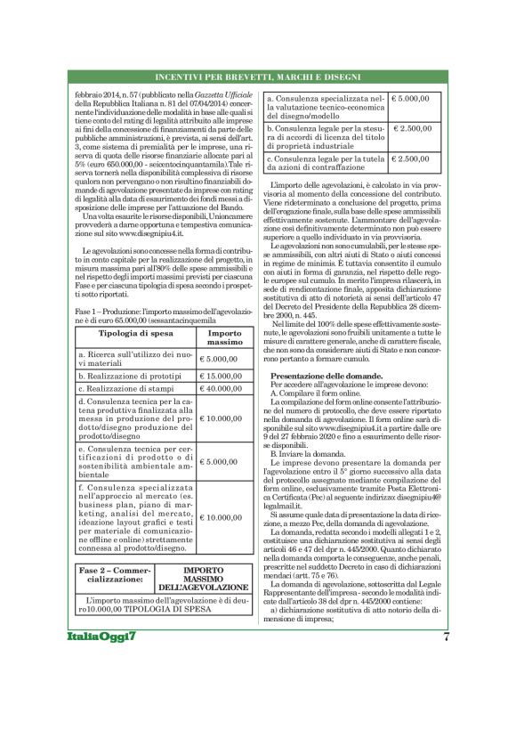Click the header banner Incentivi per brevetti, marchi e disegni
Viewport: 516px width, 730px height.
click(x=258, y=77)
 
